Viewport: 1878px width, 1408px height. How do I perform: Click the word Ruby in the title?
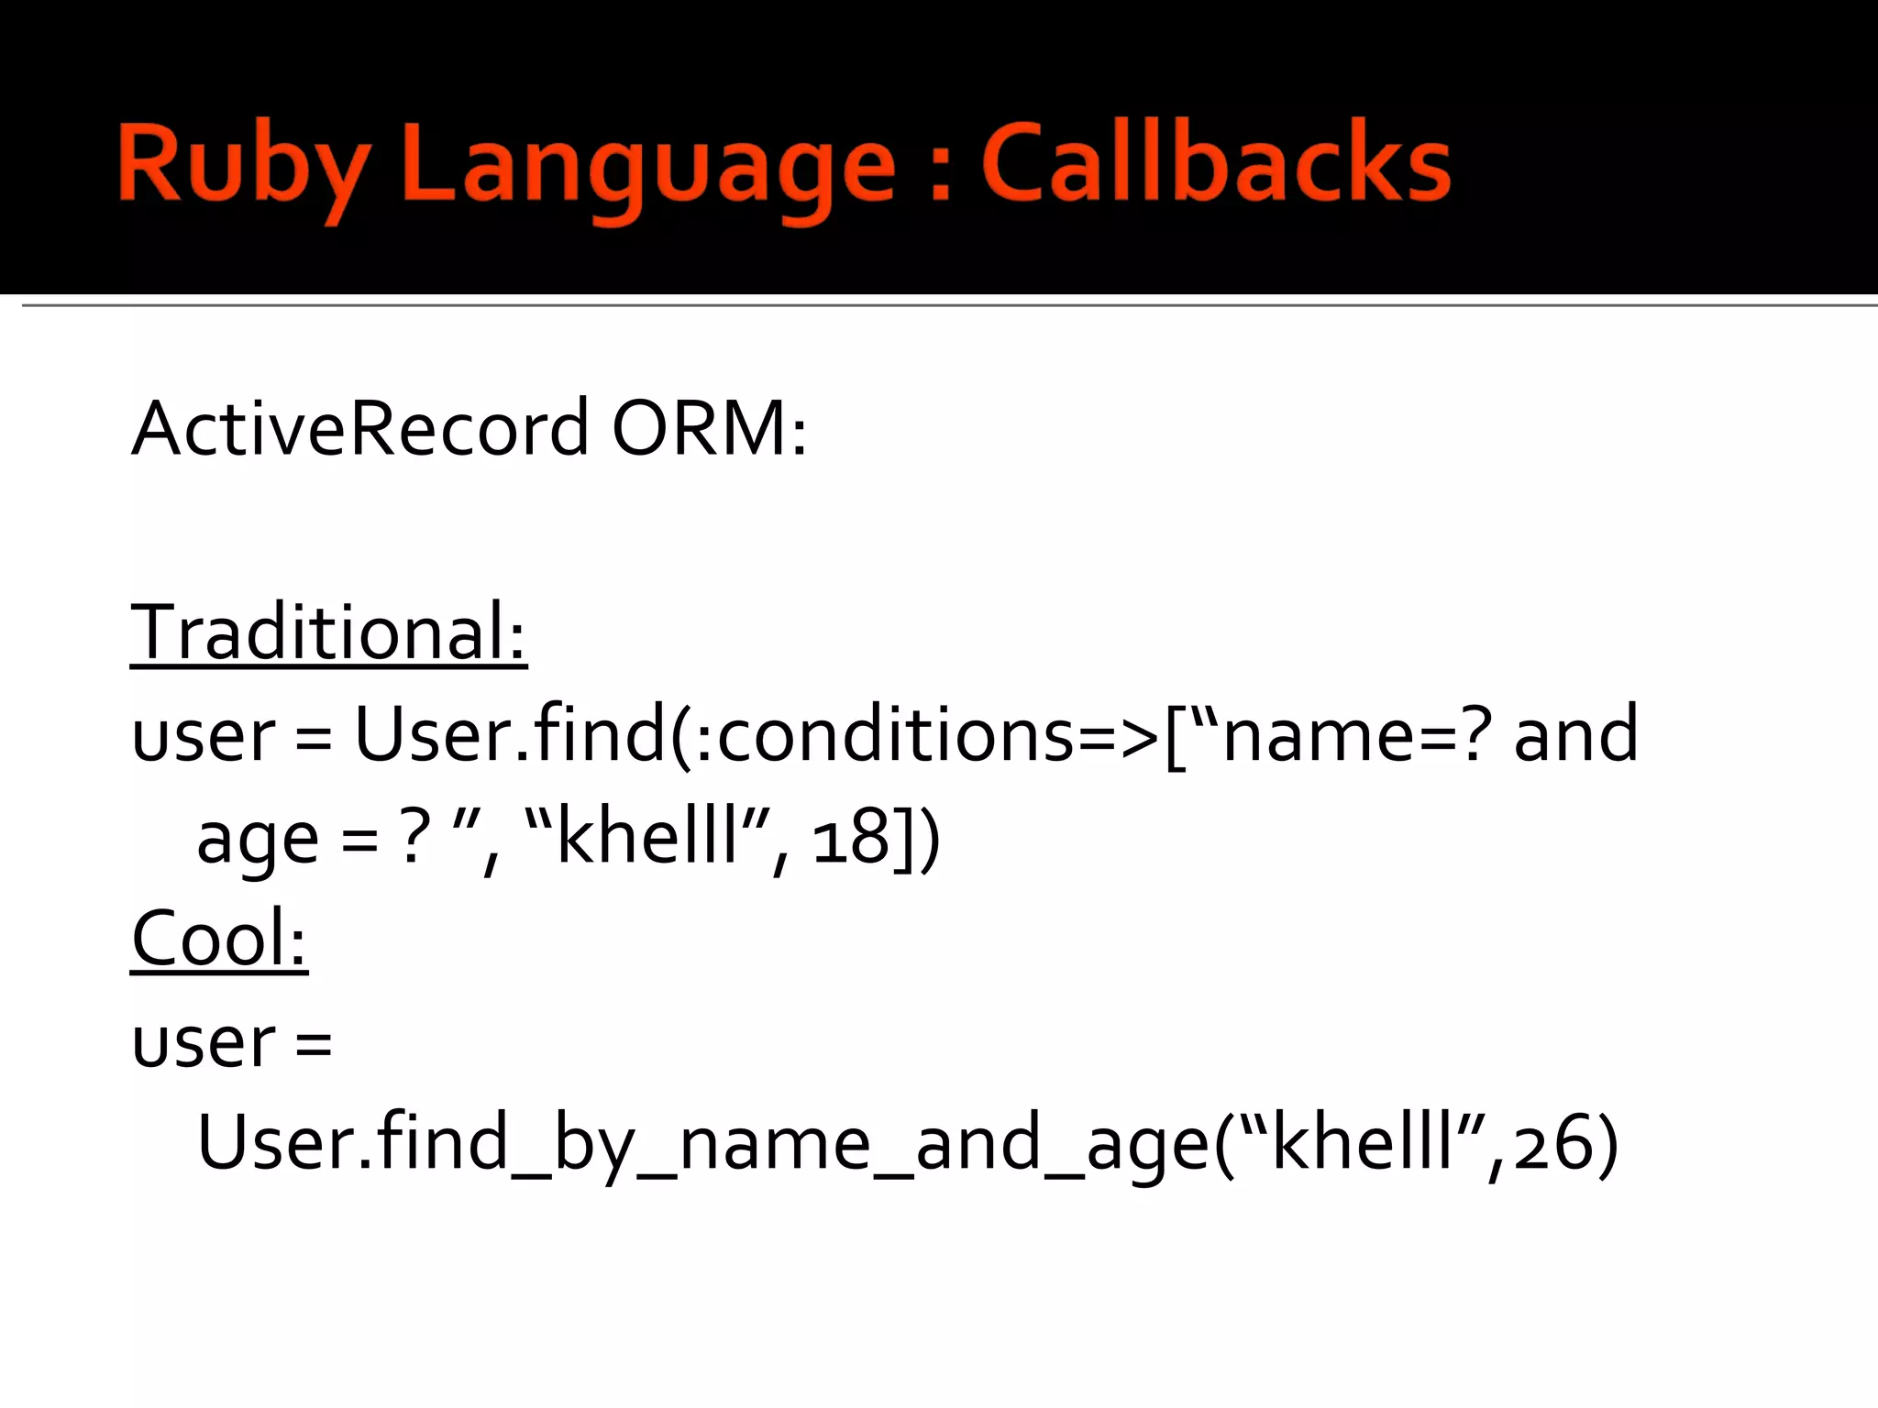(243, 165)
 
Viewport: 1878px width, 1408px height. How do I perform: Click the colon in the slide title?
(939, 170)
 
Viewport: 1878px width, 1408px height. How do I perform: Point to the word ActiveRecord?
(359, 428)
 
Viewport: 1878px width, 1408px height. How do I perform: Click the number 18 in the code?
(852, 836)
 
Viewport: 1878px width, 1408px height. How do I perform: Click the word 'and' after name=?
(1575, 734)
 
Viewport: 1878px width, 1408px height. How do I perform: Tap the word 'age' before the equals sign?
(258, 839)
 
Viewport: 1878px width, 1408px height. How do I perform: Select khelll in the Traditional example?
(647, 836)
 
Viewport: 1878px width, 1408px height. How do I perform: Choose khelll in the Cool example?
(1364, 1143)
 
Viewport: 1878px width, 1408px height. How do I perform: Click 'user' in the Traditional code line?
(203, 736)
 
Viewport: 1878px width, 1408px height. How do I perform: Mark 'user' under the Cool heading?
(203, 1042)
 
